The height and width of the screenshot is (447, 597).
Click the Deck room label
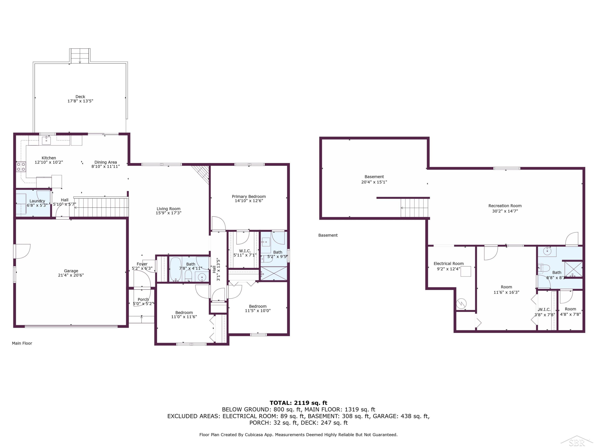(x=80, y=97)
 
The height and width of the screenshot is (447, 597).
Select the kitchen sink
(x=46, y=140)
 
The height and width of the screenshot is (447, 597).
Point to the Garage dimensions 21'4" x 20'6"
(x=71, y=275)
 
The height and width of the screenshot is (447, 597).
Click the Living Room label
(x=168, y=209)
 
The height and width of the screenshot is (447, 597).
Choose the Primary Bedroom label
(x=249, y=196)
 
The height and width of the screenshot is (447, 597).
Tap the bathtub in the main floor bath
(x=176, y=269)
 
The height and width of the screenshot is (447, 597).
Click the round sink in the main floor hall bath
(x=202, y=277)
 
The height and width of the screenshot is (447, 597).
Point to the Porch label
(x=143, y=299)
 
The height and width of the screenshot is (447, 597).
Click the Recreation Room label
(x=505, y=206)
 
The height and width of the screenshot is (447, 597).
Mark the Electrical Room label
(x=449, y=263)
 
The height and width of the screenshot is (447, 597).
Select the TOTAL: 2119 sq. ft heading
(x=298, y=403)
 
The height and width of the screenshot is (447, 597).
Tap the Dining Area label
(x=105, y=162)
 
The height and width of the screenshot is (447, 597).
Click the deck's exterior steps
(x=80, y=56)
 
